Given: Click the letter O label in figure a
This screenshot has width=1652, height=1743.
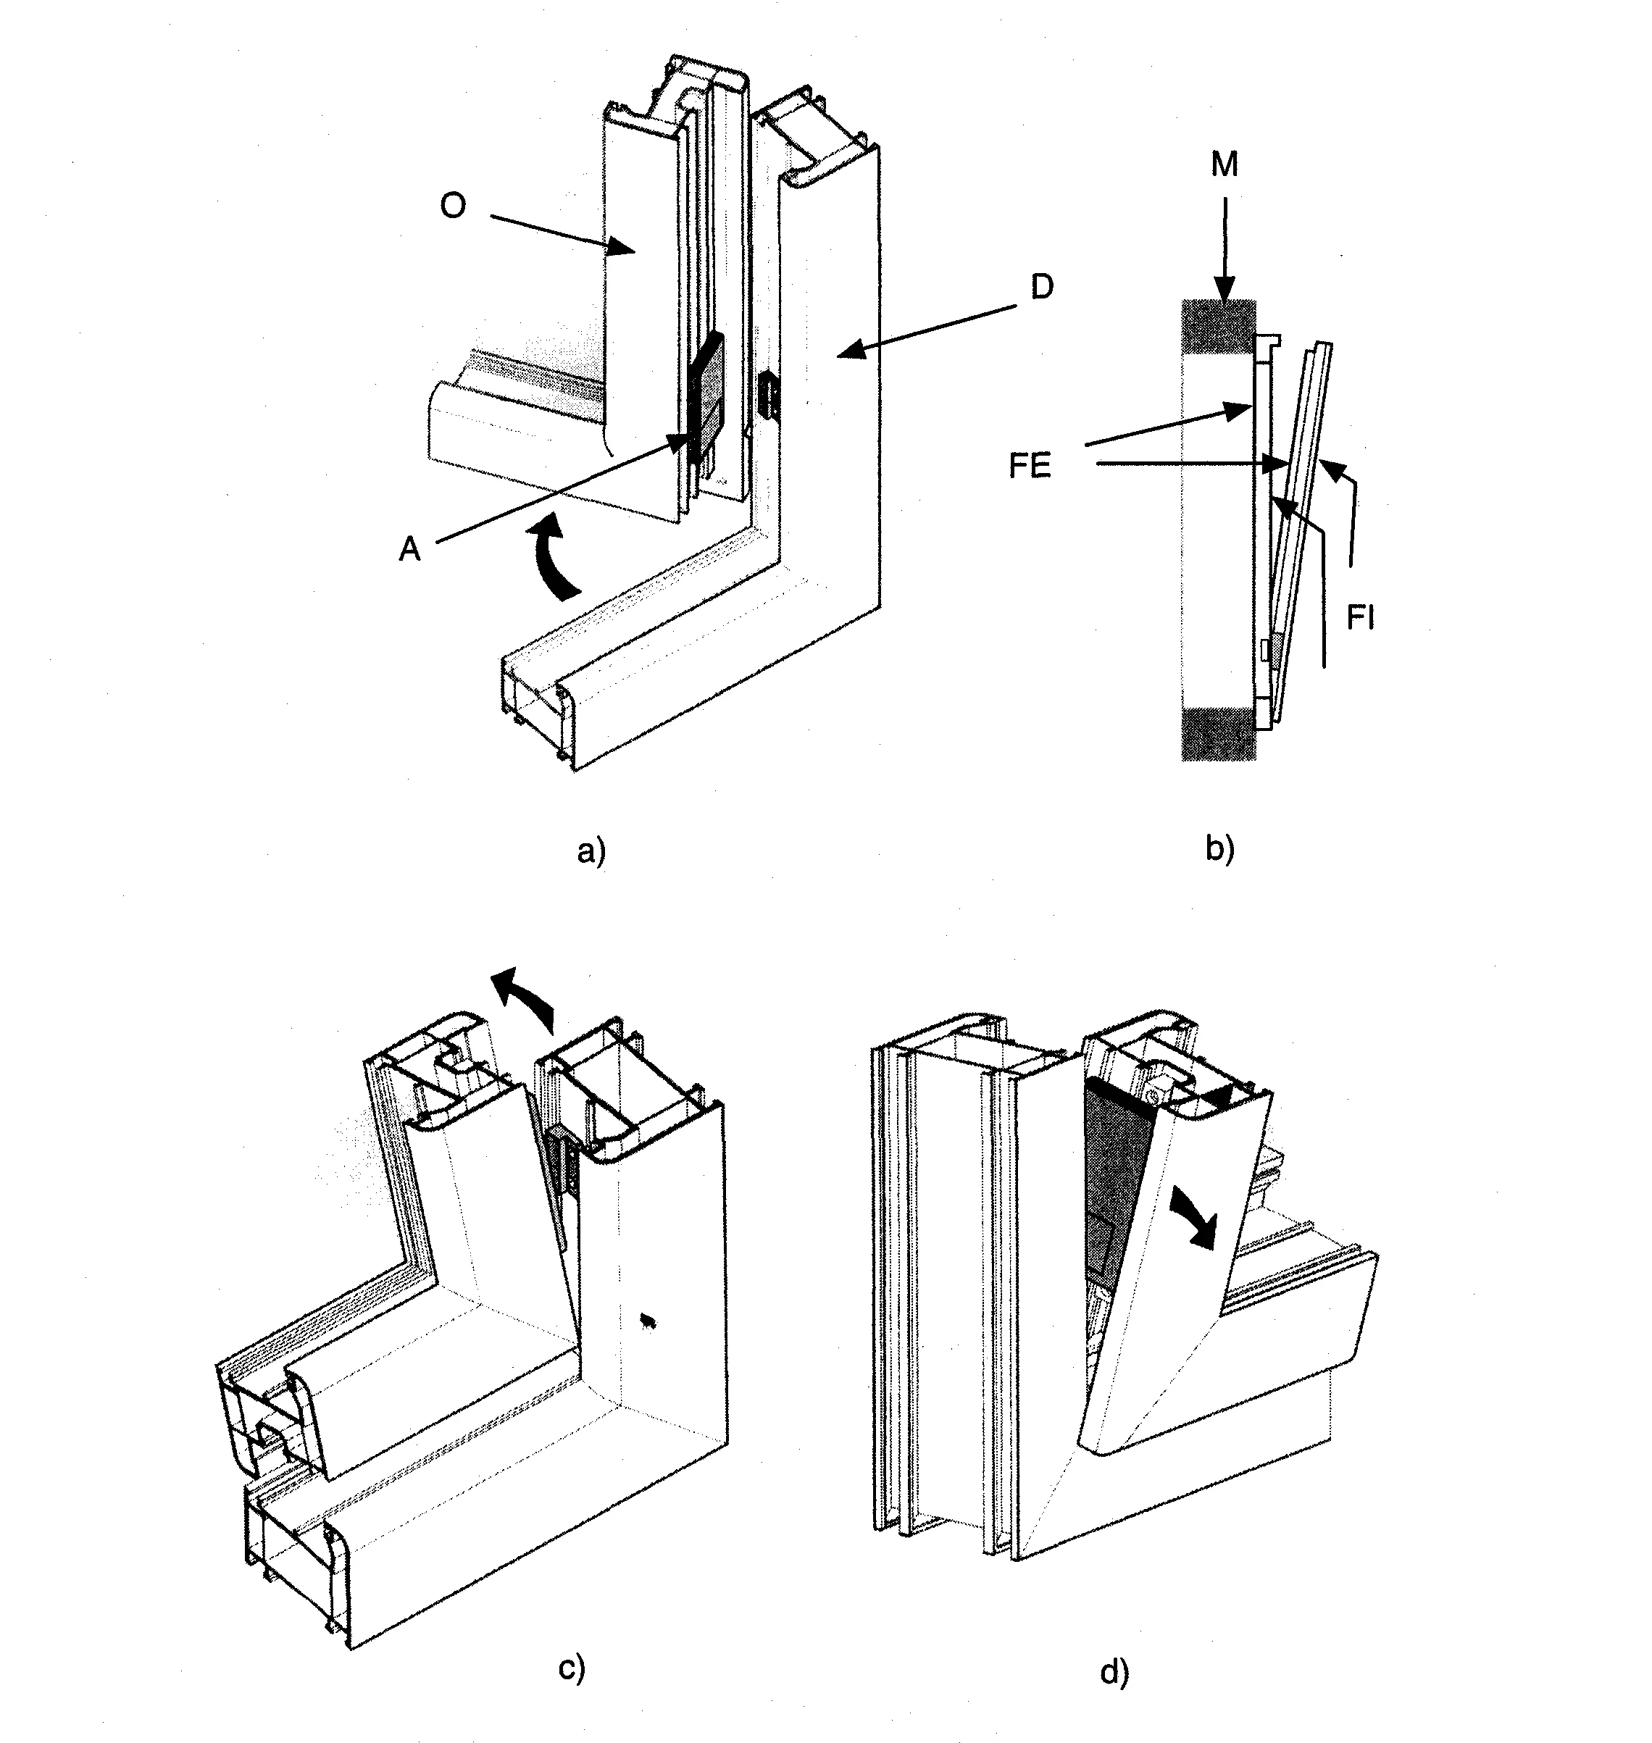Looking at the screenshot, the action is tap(453, 207).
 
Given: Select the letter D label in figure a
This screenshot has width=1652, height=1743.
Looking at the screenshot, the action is tap(1042, 287).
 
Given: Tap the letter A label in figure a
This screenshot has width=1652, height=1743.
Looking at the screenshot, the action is tap(409, 549).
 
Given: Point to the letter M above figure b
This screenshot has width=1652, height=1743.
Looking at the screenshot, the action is tap(1224, 164).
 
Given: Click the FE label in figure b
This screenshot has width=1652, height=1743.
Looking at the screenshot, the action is tap(1030, 467).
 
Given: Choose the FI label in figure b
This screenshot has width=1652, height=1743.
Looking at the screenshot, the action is tap(1361, 619).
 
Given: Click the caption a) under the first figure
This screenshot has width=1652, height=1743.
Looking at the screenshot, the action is tap(592, 851).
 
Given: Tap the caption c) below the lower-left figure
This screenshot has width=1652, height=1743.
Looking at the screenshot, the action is tap(572, 1668).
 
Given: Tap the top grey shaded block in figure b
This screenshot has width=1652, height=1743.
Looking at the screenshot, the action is tap(1219, 327).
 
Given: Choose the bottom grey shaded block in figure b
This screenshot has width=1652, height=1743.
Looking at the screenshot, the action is tap(1219, 733).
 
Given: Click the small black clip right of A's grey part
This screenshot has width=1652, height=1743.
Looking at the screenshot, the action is tap(769, 394).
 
